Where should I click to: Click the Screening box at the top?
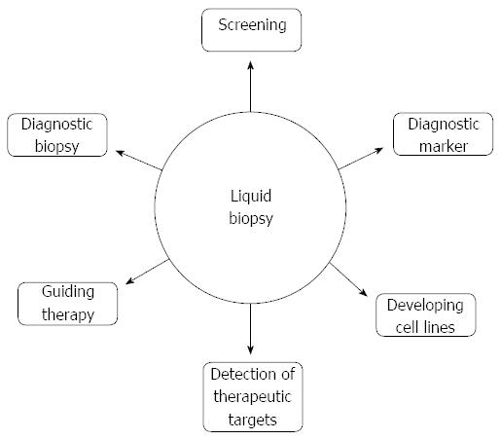pyautogui.click(x=251, y=30)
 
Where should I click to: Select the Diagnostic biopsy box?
pyautogui.click(x=57, y=135)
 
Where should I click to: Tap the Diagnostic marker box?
pyautogui.click(x=443, y=134)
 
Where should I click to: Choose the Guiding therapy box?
pyautogui.click(x=67, y=304)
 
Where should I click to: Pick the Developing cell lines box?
pyautogui.click(x=426, y=315)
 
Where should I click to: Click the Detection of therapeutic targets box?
pyautogui.click(x=253, y=397)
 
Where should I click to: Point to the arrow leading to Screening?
pyautogui.click(x=250, y=87)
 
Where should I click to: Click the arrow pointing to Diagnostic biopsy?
pyautogui.click(x=139, y=160)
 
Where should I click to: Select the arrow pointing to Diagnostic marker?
pyautogui.click(x=361, y=159)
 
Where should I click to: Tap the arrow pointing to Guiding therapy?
pyautogui.click(x=147, y=272)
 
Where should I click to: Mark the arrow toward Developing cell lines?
pyautogui.click(x=348, y=279)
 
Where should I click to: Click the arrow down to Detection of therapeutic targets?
pyautogui.click(x=250, y=329)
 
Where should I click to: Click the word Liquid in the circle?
pyautogui.click(x=251, y=196)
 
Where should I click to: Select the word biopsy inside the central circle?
pyautogui.click(x=251, y=218)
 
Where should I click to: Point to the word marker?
pyautogui.click(x=444, y=146)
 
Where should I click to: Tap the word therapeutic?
pyautogui.click(x=252, y=397)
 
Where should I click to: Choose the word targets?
pyautogui.click(x=252, y=421)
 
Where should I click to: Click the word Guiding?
pyautogui.click(x=68, y=292)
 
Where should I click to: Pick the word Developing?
pyautogui.click(x=425, y=306)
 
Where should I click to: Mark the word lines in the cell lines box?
pyautogui.click(x=440, y=327)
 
